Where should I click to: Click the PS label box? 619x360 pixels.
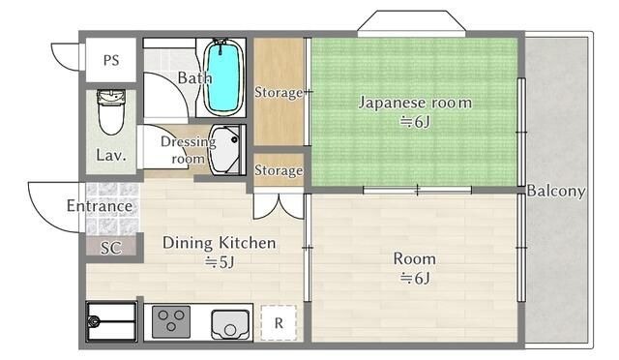[111, 60]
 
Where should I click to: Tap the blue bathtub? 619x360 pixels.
[223, 75]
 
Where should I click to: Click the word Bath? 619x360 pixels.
[194, 77]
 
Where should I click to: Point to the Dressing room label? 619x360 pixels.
[189, 150]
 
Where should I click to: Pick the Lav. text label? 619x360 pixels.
[110, 155]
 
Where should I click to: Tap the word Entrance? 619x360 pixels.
[100, 206]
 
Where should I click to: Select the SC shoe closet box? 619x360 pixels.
[111, 247]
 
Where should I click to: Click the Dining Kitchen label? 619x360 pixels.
[219, 242]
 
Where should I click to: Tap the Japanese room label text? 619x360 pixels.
[415, 102]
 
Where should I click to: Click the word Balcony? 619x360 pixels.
[556, 192]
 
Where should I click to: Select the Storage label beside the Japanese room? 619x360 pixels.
[279, 93]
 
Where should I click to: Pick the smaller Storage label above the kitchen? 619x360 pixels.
[279, 171]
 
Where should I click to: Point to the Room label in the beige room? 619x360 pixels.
[414, 258]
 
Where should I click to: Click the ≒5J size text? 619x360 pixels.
[220, 262]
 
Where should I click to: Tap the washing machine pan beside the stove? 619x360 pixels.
[111, 321]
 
